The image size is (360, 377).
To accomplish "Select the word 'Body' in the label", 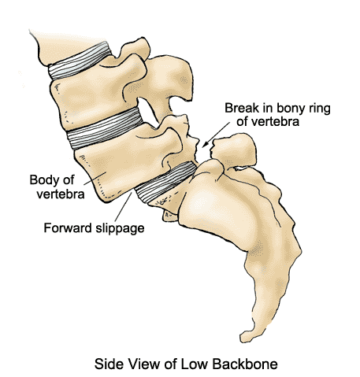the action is coord(43,181).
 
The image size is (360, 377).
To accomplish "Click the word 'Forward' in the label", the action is coord(68,227).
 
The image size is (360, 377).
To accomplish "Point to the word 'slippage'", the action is coord(120,228).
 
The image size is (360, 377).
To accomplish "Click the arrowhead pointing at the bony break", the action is coord(206,144).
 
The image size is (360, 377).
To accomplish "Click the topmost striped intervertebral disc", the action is coord(80,61).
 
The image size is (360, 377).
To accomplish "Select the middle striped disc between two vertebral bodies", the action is coord(105,128).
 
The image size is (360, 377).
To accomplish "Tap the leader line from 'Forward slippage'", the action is coord(123,206).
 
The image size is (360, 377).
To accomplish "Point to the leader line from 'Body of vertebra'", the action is coord(95,177).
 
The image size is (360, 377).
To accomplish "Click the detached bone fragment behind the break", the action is coord(234,149).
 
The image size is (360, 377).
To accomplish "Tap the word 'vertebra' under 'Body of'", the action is coord(61,194).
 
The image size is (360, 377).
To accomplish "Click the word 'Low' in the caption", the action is coord(191,364).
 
